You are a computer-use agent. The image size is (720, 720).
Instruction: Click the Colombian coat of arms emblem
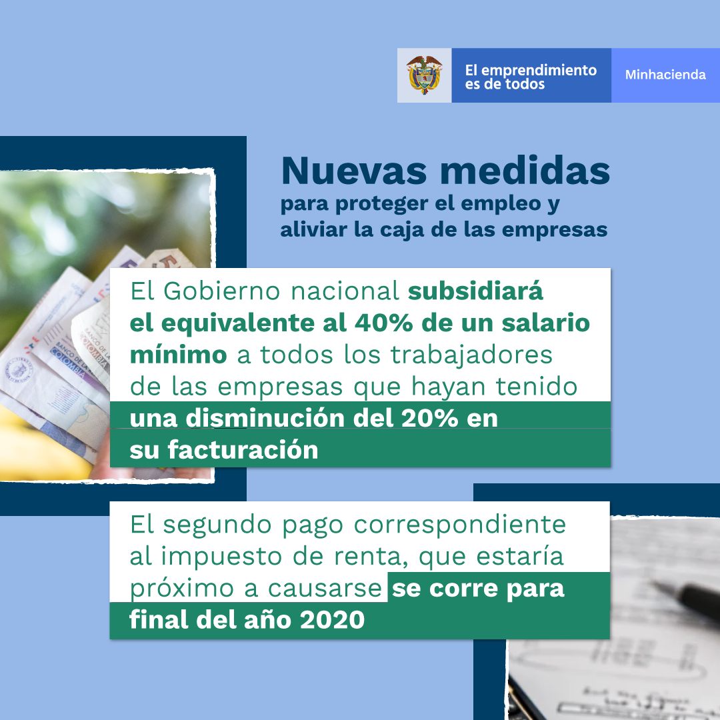pyautogui.click(x=424, y=75)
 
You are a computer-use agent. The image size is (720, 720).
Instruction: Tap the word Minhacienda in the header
pyautogui.click(x=665, y=75)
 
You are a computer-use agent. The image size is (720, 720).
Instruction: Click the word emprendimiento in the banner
pyautogui.click(x=539, y=70)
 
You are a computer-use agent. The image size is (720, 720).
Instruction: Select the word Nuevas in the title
pyautogui.click(x=354, y=171)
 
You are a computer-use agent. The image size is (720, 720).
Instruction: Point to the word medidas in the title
pyautogui.click(x=525, y=170)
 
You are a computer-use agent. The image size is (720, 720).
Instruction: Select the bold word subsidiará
pyautogui.click(x=475, y=291)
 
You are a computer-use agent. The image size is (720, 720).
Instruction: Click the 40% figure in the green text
pyautogui.click(x=383, y=323)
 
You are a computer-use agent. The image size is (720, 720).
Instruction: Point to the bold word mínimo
pyautogui.click(x=178, y=355)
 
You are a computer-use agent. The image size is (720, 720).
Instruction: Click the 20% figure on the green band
pyautogui.click(x=429, y=418)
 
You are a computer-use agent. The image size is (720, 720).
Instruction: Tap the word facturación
pyautogui.click(x=243, y=449)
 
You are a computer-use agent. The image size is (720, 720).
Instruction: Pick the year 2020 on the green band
pyautogui.click(x=332, y=620)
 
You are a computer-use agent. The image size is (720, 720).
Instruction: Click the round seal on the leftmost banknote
pyautogui.click(x=19, y=369)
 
